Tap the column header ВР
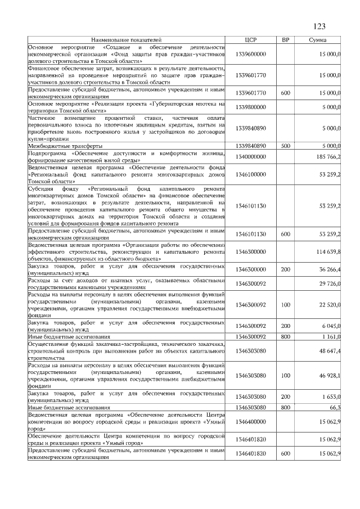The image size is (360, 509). click(285, 40)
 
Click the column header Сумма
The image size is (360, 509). click(319, 40)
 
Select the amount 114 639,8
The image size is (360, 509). click(327, 253)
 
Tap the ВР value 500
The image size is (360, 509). click(285, 146)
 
